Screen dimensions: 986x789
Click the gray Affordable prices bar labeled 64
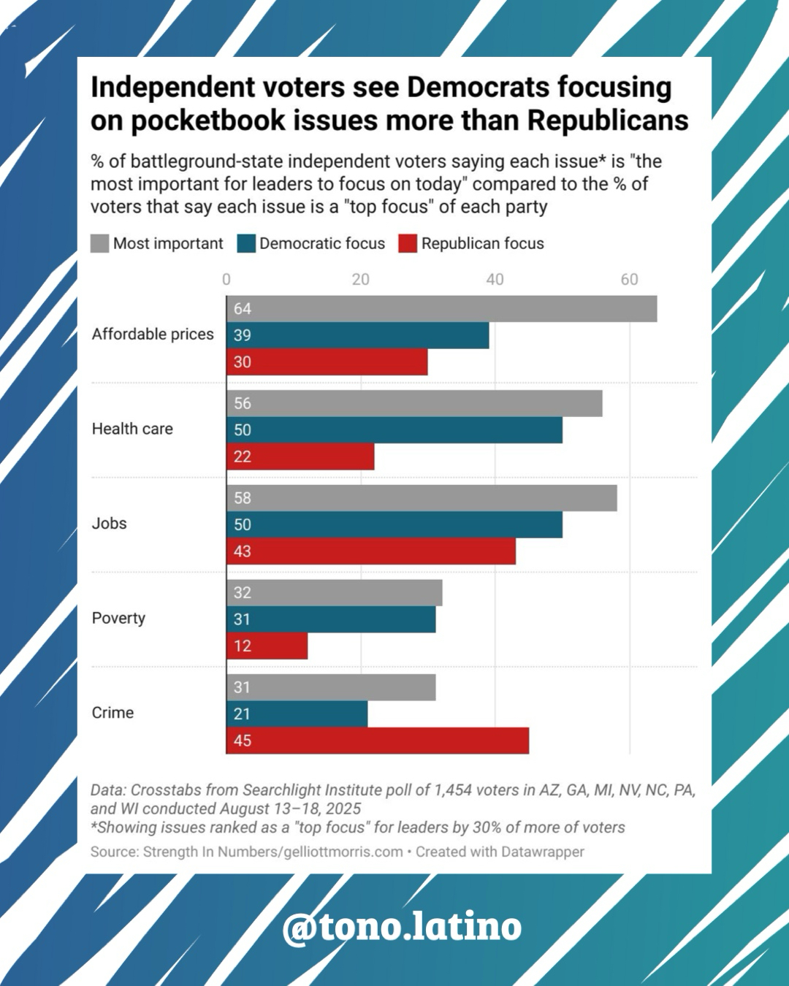[441, 309]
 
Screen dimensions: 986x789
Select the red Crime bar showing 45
[378, 741]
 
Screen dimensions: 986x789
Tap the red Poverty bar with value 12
[267, 646]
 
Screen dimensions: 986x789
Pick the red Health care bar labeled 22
[300, 456]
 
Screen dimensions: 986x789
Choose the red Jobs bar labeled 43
[371, 551]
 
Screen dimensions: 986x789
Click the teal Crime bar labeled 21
[297, 714]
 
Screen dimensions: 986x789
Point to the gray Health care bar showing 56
[414, 403]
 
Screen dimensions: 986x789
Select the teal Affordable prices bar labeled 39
[358, 335]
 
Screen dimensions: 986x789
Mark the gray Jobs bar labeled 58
[422, 498]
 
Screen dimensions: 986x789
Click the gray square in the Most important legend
[100, 243]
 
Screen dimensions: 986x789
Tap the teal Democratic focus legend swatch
[247, 243]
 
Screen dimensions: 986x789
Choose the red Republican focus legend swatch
[408, 243]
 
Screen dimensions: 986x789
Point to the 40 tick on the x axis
[495, 279]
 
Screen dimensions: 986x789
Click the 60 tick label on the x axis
[629, 279]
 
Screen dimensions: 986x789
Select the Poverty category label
[118, 618]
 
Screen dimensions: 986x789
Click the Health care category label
[132, 429]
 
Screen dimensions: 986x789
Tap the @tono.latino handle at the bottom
[402, 926]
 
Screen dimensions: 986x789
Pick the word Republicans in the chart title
[608, 121]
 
